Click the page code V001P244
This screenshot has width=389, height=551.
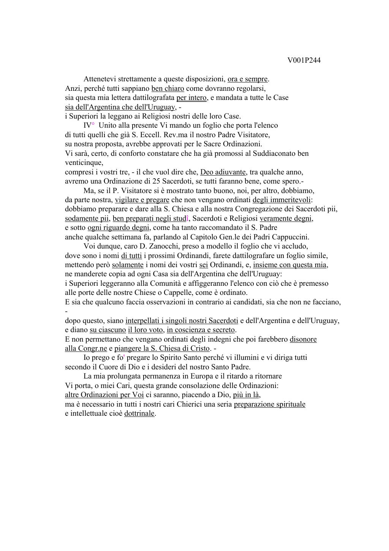point(304,60)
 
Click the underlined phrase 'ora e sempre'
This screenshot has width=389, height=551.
point(248,79)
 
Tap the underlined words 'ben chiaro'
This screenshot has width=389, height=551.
point(168,89)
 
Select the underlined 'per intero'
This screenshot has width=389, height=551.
point(191,98)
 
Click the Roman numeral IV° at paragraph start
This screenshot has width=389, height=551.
point(89,125)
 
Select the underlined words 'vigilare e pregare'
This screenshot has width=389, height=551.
point(142,200)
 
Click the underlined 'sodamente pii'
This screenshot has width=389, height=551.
point(87,218)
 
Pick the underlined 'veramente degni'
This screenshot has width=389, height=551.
point(286,218)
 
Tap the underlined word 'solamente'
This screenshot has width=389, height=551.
point(128,265)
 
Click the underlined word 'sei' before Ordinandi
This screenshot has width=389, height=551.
point(203,265)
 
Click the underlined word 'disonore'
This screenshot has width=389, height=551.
point(303,339)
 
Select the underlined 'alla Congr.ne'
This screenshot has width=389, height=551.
point(86,348)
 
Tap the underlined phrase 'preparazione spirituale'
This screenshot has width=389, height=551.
point(269,404)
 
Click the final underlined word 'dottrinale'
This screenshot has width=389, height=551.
point(139,413)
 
